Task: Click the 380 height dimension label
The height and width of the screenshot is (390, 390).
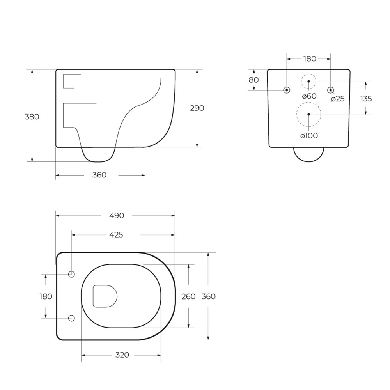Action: pyautogui.click(x=32, y=117)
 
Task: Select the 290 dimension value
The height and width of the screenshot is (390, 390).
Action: pyautogui.click(x=197, y=108)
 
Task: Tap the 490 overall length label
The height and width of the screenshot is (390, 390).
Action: pyautogui.click(x=117, y=216)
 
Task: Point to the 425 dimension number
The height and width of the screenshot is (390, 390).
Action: pyautogui.click(x=116, y=235)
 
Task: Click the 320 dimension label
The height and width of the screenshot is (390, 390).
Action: pyautogui.click(x=122, y=355)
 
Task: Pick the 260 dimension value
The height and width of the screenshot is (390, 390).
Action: pyautogui.click(x=188, y=296)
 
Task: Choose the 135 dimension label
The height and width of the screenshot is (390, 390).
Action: pyautogui.click(x=366, y=99)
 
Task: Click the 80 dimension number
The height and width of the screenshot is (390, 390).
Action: pyautogui.click(x=254, y=80)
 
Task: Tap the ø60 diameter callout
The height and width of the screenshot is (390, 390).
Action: pyautogui.click(x=309, y=96)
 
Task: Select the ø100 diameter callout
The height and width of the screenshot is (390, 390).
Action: pyautogui.click(x=309, y=136)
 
